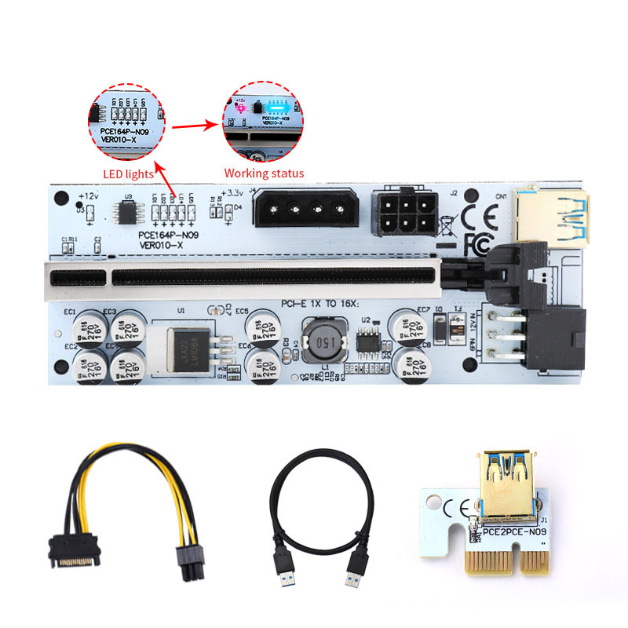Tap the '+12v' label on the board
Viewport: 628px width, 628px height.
pos(88,194)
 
